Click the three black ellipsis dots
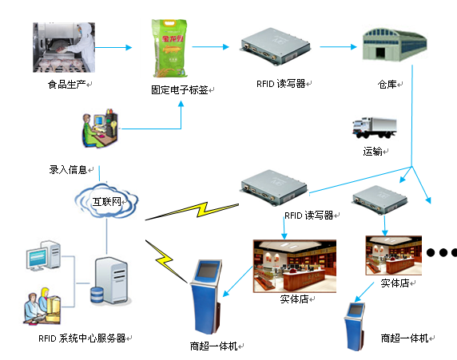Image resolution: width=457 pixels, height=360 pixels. (442, 253)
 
